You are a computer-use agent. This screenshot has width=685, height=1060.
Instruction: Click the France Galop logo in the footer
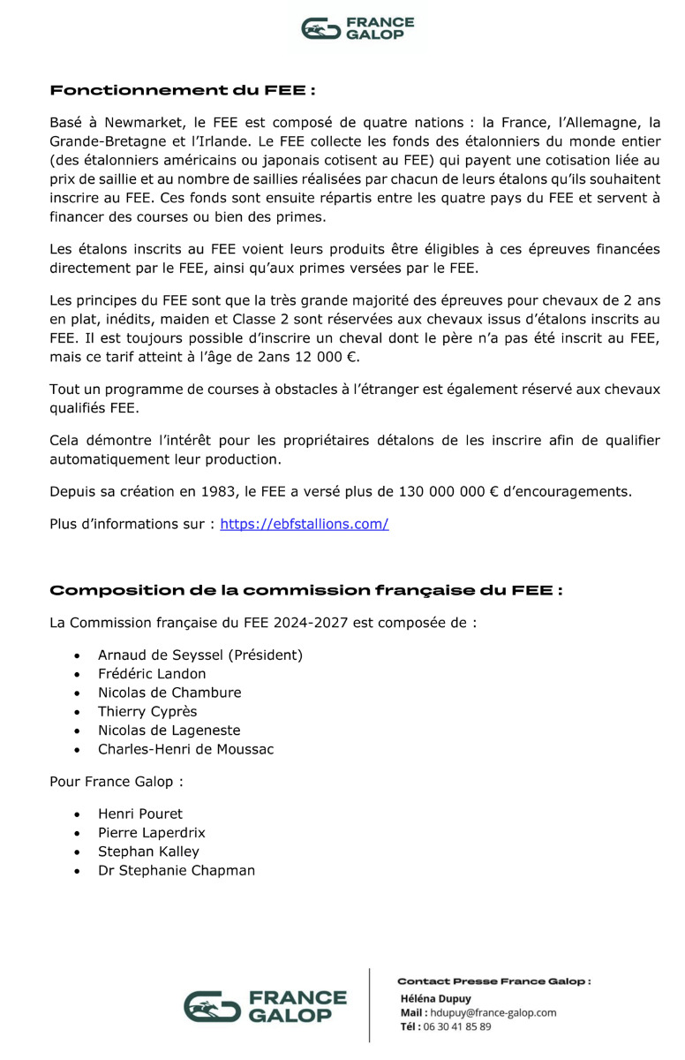265,1007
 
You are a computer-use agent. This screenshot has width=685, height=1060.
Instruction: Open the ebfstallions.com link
305,524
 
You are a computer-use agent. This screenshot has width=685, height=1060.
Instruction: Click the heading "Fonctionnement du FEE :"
183,90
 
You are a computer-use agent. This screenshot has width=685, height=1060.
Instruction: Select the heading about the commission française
305,590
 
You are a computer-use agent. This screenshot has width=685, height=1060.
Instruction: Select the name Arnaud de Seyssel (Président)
199,655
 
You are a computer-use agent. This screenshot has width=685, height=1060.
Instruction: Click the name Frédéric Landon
152,674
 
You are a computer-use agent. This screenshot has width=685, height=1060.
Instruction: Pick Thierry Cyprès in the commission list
147,712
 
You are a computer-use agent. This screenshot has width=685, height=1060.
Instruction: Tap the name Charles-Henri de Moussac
185,749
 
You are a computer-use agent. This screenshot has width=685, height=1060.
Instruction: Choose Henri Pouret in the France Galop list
140,814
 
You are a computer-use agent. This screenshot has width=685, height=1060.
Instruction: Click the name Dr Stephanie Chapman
177,870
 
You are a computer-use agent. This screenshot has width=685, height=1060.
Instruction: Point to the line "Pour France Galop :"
117,782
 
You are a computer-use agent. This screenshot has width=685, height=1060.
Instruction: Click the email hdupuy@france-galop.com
493,1012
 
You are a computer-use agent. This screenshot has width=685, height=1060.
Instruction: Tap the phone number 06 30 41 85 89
457,1026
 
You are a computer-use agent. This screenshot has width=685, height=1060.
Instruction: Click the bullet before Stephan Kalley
79,852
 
